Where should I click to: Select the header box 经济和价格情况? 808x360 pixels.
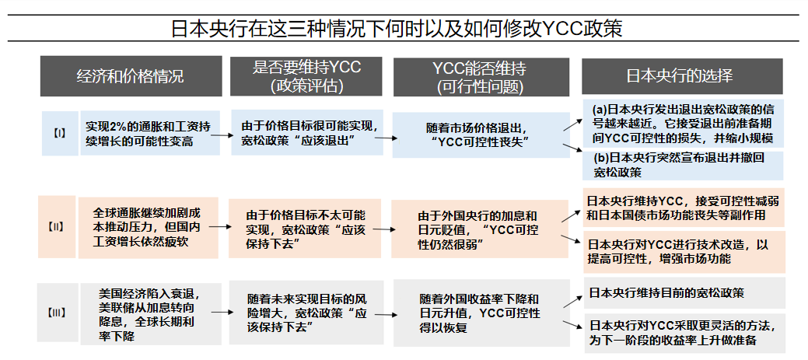pos(130,76)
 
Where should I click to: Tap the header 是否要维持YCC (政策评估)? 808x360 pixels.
pos(306,76)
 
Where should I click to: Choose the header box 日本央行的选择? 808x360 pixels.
pos(680,76)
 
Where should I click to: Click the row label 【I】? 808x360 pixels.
pos(60,133)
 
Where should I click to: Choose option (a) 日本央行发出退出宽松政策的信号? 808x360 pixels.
pos(684,123)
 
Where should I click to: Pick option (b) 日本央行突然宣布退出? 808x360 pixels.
pos(684,163)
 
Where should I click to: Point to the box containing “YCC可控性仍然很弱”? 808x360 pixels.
pos(477,230)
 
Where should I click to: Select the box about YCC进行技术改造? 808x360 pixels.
pos(684,250)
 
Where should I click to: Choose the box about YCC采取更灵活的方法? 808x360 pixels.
pos(684,332)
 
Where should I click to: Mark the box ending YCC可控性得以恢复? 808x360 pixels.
pos(477,313)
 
